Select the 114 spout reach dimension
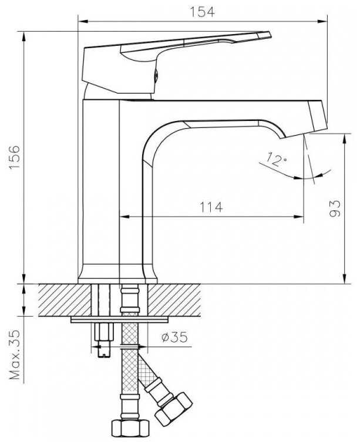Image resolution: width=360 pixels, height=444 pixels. coord(211,207)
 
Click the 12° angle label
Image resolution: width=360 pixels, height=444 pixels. coord(275,159)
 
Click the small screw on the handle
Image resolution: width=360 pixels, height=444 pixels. coord(156,75)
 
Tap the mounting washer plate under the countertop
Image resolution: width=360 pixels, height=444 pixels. coord(120,319)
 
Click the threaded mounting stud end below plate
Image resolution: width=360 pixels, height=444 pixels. coord(101,351)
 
